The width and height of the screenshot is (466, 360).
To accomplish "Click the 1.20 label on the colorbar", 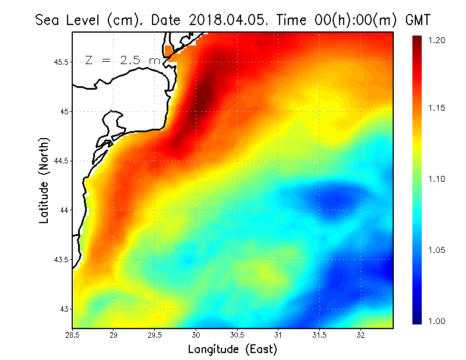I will (436, 40).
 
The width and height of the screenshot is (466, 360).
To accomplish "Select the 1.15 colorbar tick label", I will (436, 108).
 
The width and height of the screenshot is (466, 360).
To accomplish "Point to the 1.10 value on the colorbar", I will (436, 179).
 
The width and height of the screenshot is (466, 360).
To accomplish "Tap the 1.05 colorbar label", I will (436, 250).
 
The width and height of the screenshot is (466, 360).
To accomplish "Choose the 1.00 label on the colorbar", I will (436, 321).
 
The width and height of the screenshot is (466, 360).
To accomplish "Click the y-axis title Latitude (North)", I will (44, 179).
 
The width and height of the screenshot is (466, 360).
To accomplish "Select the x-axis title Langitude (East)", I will (232, 350).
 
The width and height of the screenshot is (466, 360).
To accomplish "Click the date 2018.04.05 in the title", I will (227, 20).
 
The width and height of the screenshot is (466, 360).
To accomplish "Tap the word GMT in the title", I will (417, 20).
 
